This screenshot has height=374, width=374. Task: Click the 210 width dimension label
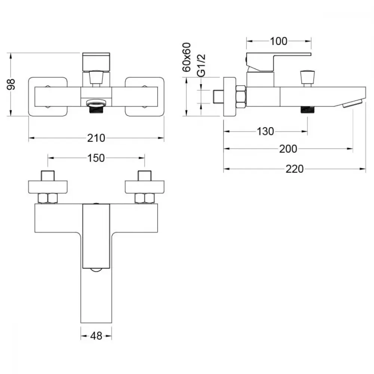[x=96, y=138]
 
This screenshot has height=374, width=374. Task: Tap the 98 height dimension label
[x=11, y=84]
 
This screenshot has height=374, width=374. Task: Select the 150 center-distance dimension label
[x=96, y=158]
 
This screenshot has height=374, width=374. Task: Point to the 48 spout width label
[x=96, y=336]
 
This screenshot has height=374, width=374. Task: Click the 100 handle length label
[x=279, y=41]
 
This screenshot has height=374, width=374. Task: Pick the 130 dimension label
[x=265, y=131]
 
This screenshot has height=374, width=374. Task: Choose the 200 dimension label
[x=288, y=149]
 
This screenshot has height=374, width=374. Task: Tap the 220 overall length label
[x=295, y=169]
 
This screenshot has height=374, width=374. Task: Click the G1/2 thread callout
[x=202, y=65]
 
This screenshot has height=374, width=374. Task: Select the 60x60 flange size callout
[x=187, y=57]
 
